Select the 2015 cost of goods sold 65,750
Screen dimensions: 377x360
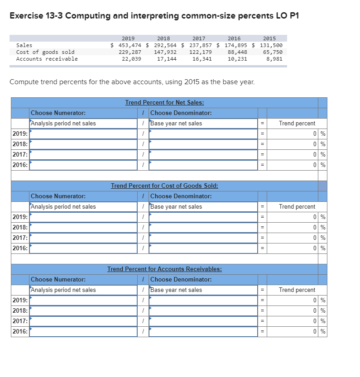pos(273,52)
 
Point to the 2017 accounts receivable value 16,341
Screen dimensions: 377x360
pos(202,59)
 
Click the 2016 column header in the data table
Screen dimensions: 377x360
pos(234,38)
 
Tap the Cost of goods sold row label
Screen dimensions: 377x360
pos(45,52)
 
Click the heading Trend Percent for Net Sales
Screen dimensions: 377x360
pos(164,103)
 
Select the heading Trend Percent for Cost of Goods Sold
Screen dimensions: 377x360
pos(164,186)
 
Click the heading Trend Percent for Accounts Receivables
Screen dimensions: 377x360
pos(164,269)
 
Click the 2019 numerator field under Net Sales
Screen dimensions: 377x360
pos(83,134)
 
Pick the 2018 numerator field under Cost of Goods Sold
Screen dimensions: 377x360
pos(83,228)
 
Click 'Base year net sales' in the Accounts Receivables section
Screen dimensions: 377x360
pos(176,290)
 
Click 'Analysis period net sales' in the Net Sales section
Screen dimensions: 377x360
pos(63,124)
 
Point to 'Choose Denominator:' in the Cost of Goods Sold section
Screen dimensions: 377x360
pos(181,196)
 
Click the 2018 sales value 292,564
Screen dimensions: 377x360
pos(167,45)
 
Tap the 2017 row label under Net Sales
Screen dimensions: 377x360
pos(20,155)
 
